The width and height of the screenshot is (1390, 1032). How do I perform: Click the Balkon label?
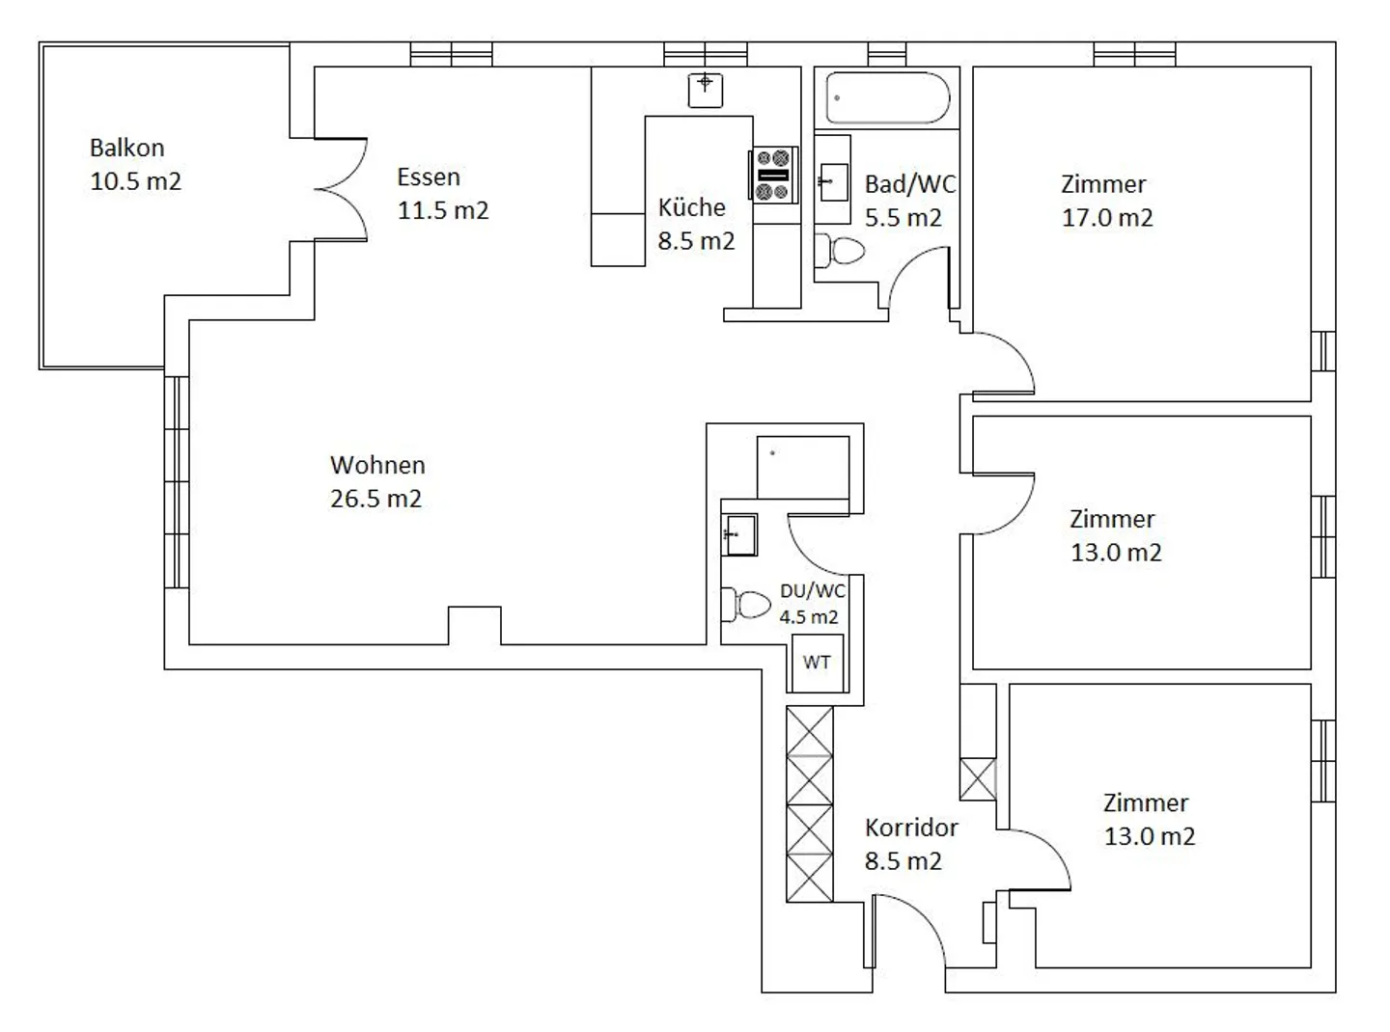(x=126, y=148)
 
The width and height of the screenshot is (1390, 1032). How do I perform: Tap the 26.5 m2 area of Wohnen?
(x=375, y=499)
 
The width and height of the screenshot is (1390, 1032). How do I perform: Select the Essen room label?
(x=429, y=177)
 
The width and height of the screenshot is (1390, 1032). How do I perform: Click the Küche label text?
(x=691, y=207)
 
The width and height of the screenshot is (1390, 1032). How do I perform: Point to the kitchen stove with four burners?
(x=774, y=175)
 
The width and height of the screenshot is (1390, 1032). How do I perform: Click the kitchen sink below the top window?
(x=706, y=90)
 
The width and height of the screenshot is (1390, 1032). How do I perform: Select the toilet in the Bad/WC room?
(x=841, y=252)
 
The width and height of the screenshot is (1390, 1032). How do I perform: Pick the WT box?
(x=817, y=663)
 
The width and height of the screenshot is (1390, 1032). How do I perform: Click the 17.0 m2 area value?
(x=1107, y=218)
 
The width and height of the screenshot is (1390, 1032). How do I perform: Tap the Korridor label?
(x=910, y=828)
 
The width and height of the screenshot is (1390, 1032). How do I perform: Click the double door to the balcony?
(x=340, y=188)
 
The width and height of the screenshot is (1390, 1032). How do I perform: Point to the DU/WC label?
(x=812, y=590)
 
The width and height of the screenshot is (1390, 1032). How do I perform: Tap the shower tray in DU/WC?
(x=802, y=467)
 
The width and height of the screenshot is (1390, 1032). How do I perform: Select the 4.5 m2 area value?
(x=809, y=617)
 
